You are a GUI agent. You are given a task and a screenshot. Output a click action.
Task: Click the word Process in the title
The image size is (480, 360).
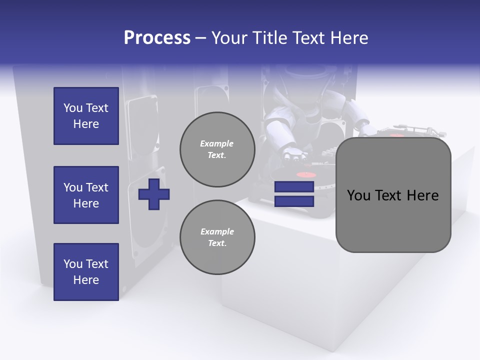tap(157, 38)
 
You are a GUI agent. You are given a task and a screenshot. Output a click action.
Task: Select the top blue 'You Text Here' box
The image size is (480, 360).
tap(86, 116)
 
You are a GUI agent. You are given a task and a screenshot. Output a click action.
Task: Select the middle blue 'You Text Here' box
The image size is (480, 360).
tap(86, 195)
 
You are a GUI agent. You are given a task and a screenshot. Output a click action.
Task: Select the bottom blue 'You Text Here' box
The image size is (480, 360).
tap(86, 272)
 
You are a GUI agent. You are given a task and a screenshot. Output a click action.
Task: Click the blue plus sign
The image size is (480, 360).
tap(154, 194)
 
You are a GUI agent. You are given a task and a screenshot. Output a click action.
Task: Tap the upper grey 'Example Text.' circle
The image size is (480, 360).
tap(217, 149)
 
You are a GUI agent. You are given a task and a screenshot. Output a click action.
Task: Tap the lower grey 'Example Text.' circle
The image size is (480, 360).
tap(217, 237)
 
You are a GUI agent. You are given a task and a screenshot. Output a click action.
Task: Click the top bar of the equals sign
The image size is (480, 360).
tap(294, 187)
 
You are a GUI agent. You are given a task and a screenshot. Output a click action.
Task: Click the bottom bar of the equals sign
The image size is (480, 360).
tap(294, 201)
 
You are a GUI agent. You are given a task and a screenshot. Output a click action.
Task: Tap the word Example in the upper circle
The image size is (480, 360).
tap(217, 143)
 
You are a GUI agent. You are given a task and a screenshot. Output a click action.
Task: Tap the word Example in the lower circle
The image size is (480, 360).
tap(217, 231)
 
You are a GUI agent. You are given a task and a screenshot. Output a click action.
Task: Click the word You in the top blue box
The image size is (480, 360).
tap(73, 108)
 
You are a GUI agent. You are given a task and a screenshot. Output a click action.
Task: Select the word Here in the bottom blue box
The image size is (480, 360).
tap(86, 280)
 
